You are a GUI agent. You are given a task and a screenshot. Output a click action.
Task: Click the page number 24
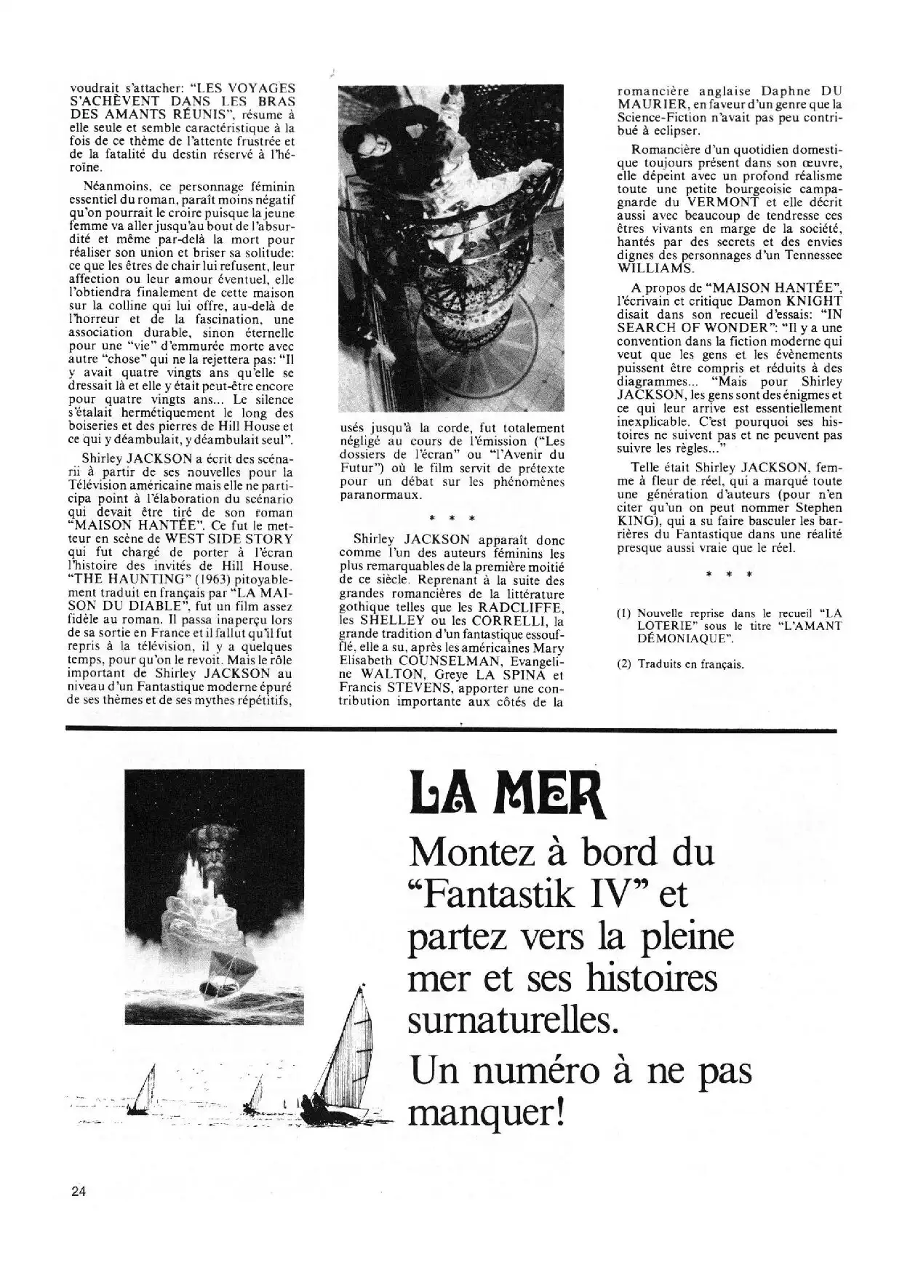click(79, 1192)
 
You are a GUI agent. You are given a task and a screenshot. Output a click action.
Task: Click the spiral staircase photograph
click(450, 247)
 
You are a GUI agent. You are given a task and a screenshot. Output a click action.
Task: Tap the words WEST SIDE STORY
click(228, 539)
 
